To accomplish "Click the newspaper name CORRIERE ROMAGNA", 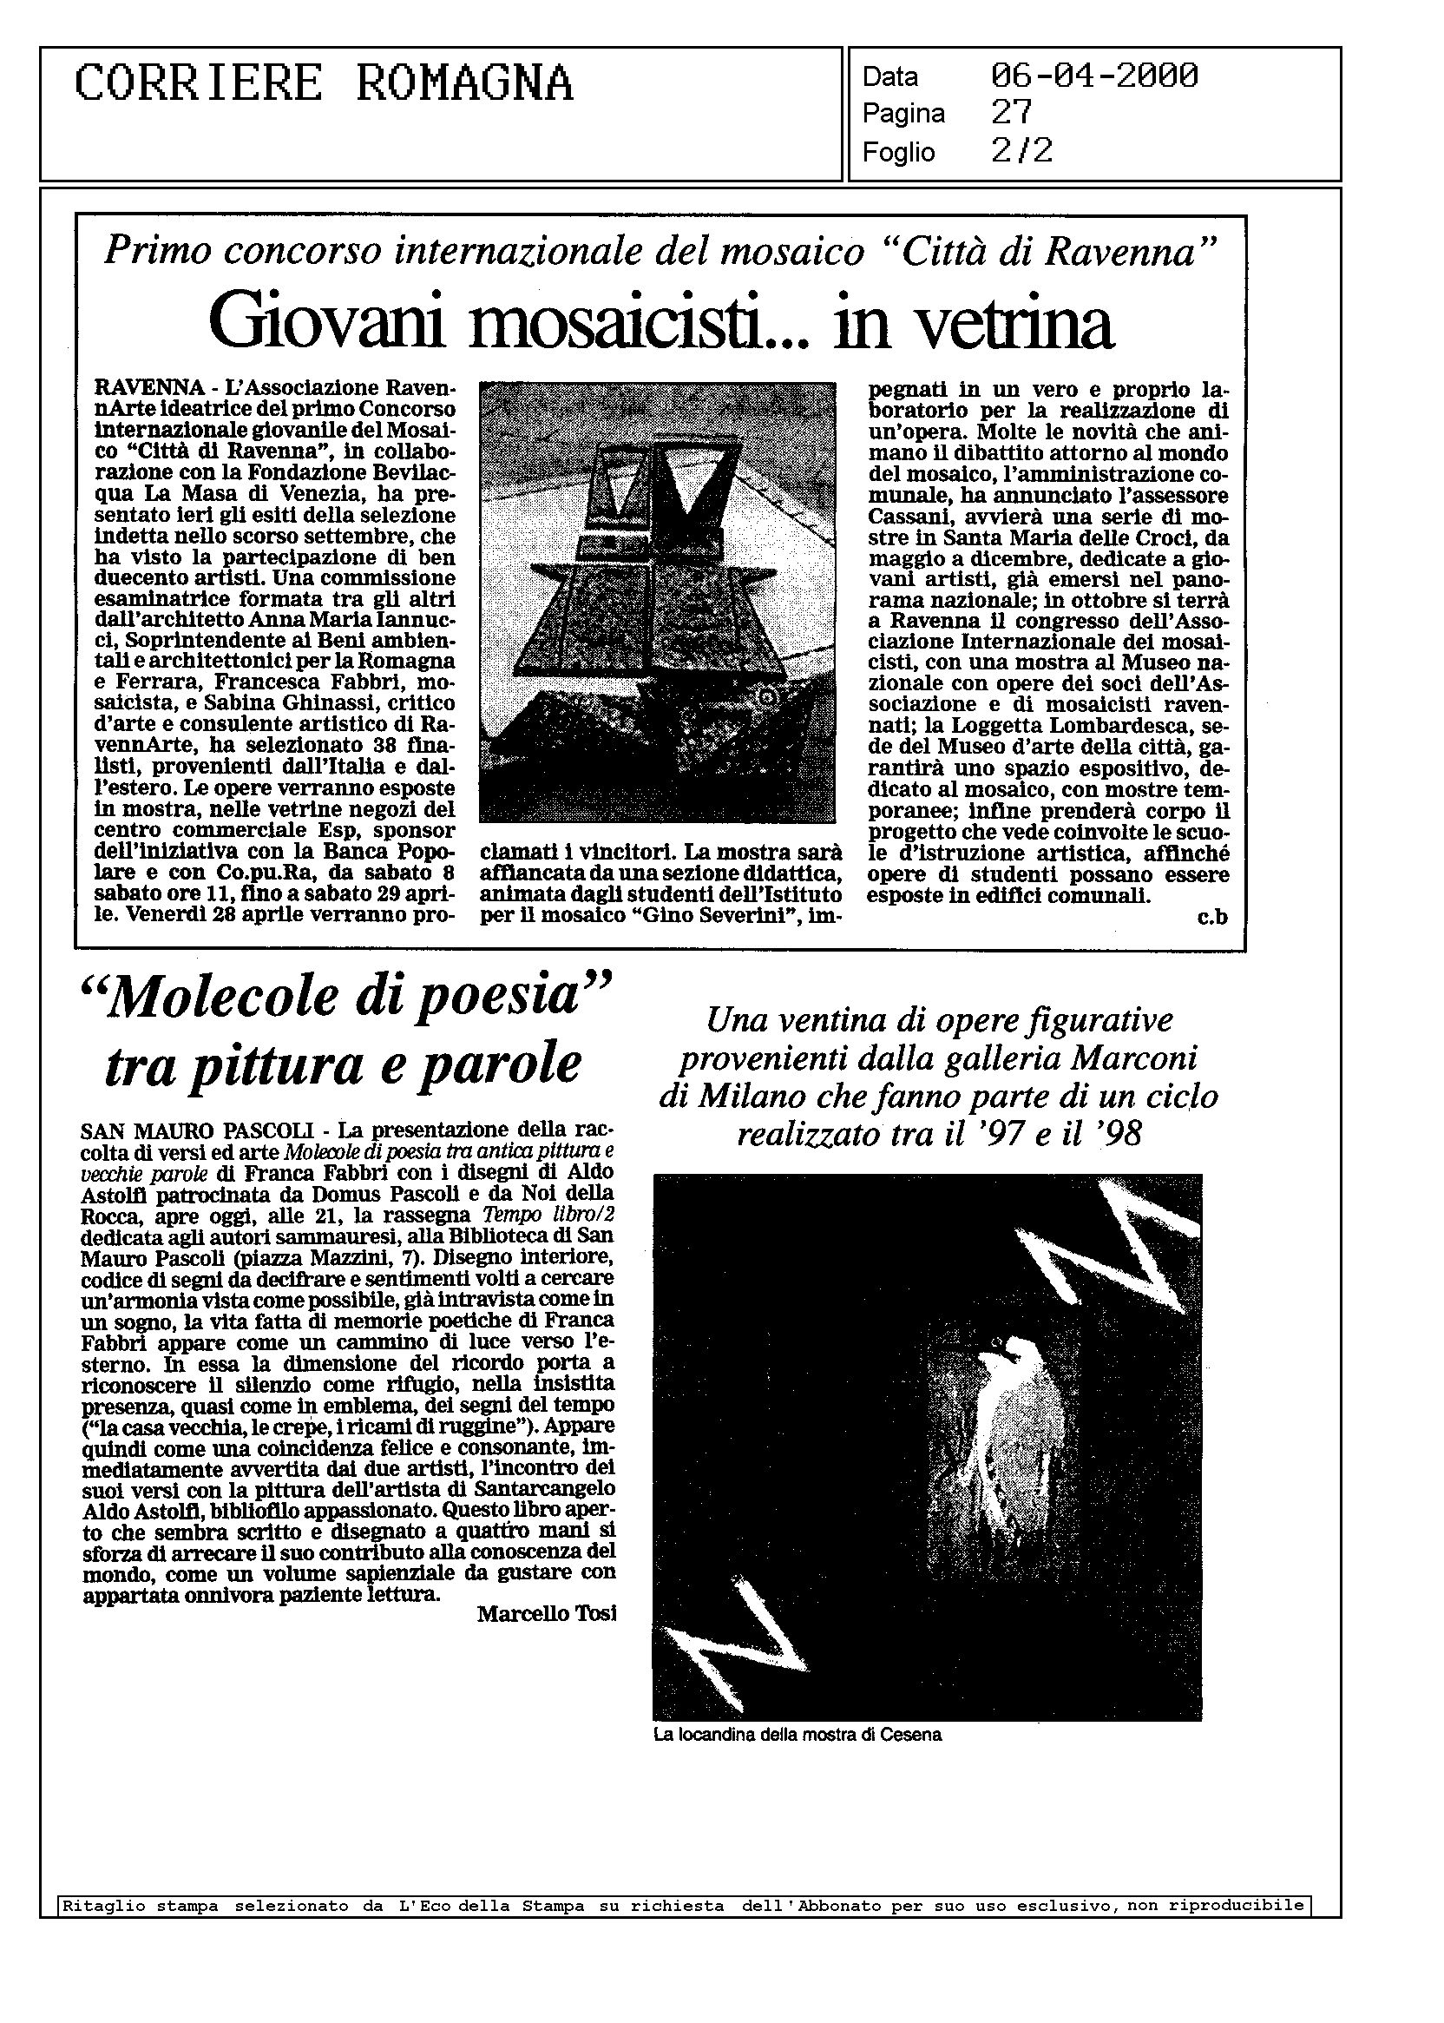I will click(x=324, y=85).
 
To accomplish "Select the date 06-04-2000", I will click(x=1093, y=76).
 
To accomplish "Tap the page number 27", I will click(x=1012, y=113).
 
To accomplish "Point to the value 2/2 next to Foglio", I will click(x=1021, y=151).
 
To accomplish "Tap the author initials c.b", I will click(x=1212, y=917).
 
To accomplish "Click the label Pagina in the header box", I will click(x=903, y=114).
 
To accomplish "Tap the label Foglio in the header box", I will click(x=898, y=153).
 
